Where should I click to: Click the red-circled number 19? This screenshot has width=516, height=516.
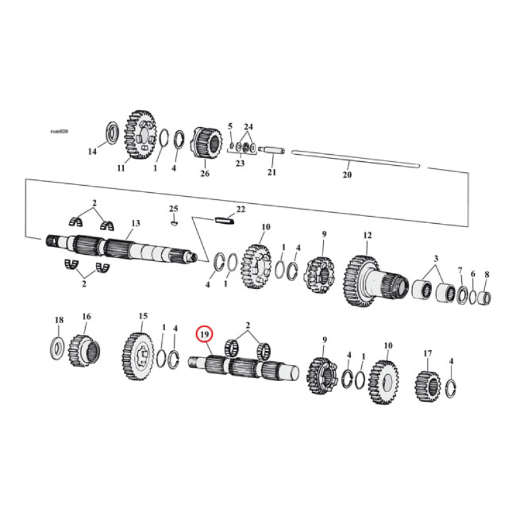204,335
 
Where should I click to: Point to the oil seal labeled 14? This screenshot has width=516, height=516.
110,132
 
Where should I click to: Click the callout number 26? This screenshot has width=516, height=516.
205,173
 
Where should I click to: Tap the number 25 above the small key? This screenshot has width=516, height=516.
173,208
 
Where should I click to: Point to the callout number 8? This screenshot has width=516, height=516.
486,274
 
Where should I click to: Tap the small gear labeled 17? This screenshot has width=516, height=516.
427,385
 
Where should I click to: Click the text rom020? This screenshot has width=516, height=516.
59,131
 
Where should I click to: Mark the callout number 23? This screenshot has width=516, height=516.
239,164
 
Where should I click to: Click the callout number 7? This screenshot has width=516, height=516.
460,270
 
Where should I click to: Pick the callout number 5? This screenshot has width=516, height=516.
230,126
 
